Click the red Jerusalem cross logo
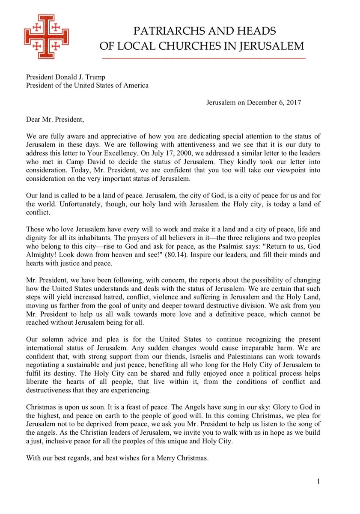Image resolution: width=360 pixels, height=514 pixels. point(46,37)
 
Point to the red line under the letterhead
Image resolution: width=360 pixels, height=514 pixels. point(203,58)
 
